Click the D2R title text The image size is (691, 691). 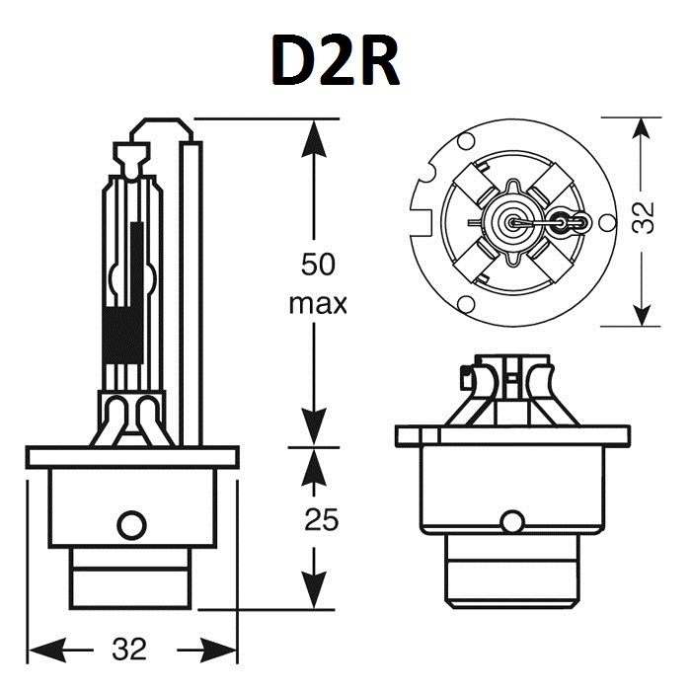pos(336,61)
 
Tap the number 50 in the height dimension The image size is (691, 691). pos(317,265)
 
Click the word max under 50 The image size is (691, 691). pos(317,303)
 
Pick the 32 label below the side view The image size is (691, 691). pos(128,649)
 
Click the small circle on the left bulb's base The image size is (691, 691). pos(130,524)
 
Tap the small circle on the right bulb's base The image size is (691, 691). pos(511,520)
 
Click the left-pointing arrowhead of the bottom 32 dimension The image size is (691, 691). pos(44,650)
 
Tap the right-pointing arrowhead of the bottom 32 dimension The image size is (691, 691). pos(222,650)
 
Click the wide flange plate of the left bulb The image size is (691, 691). pos(133,457)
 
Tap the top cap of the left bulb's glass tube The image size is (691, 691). pos(131,154)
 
